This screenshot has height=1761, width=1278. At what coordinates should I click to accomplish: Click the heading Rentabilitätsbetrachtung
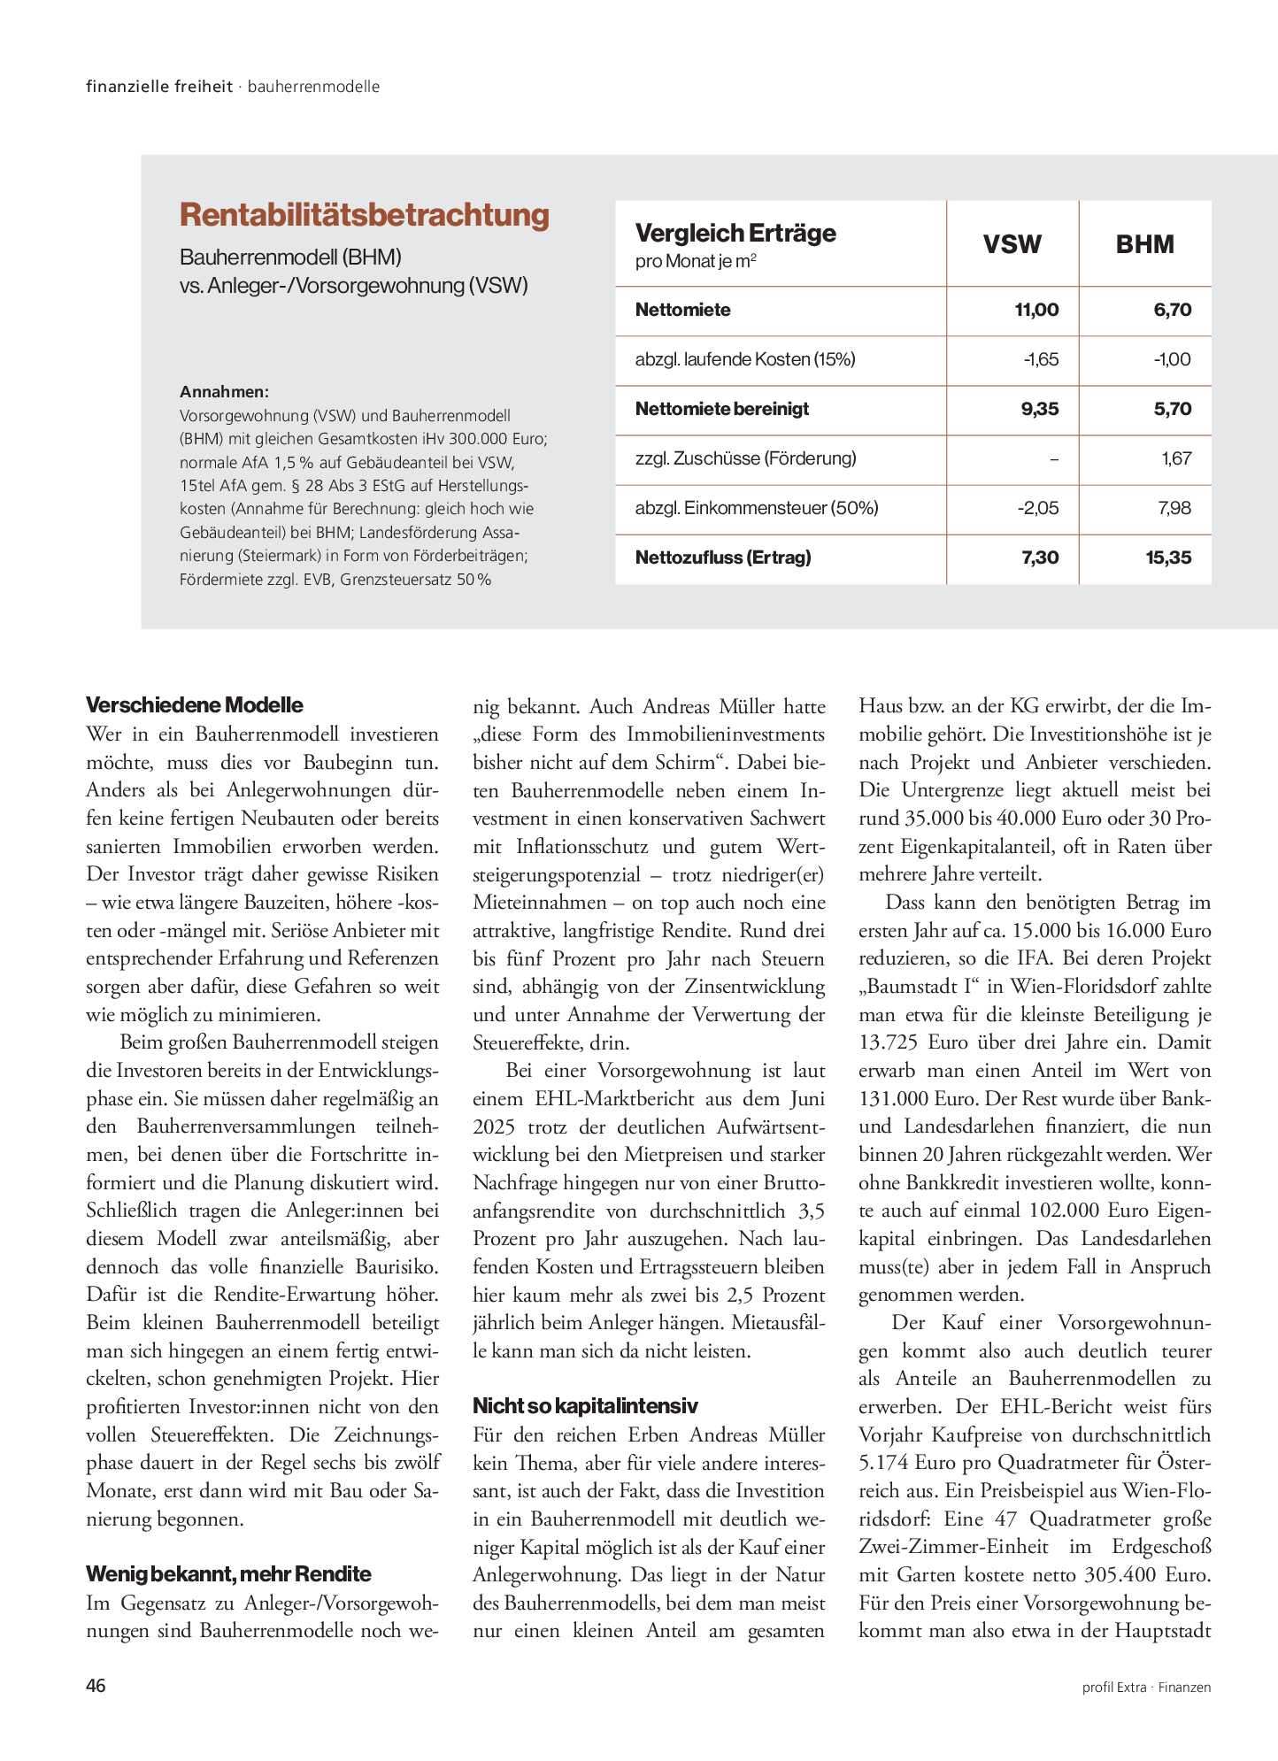(x=364, y=215)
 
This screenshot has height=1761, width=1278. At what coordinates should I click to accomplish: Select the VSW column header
(x=1012, y=244)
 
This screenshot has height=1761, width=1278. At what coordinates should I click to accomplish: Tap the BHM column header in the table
(x=1144, y=244)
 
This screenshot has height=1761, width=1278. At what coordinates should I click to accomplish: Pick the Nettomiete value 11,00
(x=1035, y=310)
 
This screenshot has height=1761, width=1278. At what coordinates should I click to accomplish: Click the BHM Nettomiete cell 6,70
(x=1173, y=310)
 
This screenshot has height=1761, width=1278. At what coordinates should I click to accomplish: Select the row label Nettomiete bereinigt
(x=721, y=409)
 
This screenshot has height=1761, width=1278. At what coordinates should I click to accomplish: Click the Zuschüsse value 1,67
(x=1176, y=458)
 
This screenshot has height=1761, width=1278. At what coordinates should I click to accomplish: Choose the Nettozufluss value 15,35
(x=1167, y=558)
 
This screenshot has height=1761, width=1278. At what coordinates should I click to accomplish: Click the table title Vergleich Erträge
(x=735, y=234)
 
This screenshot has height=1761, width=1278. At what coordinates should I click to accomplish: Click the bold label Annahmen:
(x=224, y=392)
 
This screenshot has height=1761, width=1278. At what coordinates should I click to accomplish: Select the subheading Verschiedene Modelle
(x=194, y=705)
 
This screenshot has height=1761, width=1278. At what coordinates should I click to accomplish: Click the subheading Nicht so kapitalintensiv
(x=585, y=1406)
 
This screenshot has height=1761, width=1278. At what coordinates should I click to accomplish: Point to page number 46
(x=96, y=1686)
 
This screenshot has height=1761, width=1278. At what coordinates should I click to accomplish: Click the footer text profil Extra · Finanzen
(x=1146, y=1688)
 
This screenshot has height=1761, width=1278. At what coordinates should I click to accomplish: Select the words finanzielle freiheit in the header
(x=159, y=87)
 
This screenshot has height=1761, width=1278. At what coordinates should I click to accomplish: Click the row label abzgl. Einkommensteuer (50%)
(x=756, y=508)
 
